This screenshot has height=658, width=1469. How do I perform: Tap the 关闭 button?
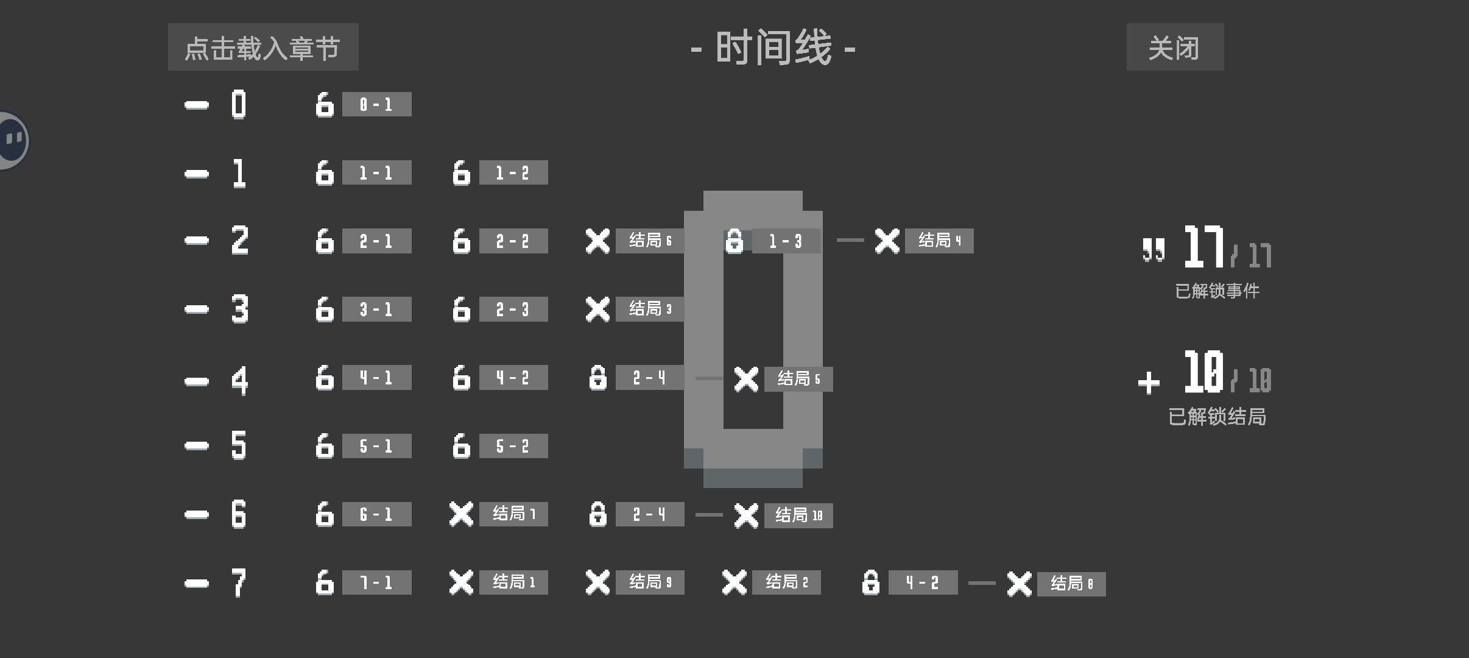point(1175,47)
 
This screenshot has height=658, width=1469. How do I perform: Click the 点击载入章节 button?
point(263,47)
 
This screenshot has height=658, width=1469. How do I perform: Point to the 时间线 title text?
point(773,48)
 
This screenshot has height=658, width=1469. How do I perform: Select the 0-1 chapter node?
point(376,104)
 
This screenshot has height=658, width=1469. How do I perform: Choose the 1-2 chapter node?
point(513,172)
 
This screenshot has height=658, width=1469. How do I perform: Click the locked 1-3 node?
point(786,241)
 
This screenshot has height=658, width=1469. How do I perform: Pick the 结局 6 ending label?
point(650,241)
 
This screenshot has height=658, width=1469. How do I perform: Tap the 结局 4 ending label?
point(939,241)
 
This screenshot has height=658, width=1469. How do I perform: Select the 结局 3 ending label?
point(650,309)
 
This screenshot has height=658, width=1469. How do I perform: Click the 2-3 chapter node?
point(513,309)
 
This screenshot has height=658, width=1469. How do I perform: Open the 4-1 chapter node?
point(376,377)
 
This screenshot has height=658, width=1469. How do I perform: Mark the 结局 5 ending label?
point(798,379)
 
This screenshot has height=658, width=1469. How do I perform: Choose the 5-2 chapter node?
point(513,445)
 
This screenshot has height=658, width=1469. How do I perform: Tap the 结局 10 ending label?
point(798,515)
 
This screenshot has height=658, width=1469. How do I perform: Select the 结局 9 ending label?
point(650,582)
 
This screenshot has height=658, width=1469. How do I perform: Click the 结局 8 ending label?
point(1071,584)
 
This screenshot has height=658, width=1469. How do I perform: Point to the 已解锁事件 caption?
point(1217,291)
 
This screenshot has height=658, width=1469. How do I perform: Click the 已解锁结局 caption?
point(1217,417)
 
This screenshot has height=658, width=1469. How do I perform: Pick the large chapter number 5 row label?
point(239,445)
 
